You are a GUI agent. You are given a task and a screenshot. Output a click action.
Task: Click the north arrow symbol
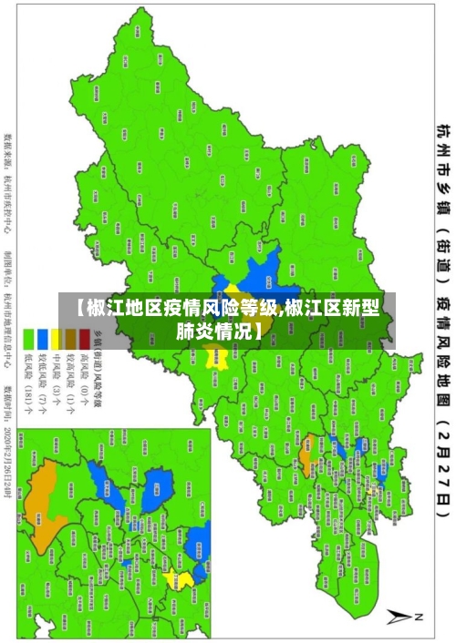[x=402, y=617]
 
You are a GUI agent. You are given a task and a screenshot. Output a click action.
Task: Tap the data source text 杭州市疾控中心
[x=8, y=178]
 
